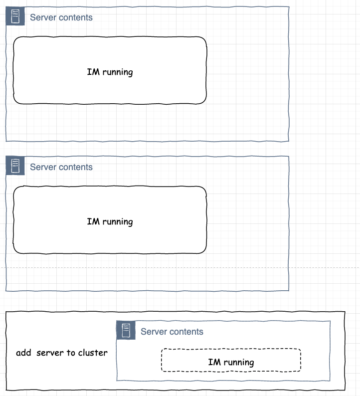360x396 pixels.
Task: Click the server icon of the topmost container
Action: coord(15,16)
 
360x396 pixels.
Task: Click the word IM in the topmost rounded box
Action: coord(93,72)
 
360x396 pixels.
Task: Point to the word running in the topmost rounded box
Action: coord(118,72)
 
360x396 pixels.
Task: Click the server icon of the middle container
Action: coord(15,166)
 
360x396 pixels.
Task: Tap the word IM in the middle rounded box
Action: coord(93,221)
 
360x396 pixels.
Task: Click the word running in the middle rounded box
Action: coord(118,221)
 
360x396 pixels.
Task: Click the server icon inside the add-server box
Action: coord(126,330)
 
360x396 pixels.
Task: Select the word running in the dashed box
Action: coord(238,363)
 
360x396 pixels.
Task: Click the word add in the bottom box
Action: coord(23,353)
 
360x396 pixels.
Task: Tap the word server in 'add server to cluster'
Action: coord(50,353)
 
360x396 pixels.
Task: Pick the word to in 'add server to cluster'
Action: coord(71,353)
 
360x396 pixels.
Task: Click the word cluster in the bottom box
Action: coord(93,353)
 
